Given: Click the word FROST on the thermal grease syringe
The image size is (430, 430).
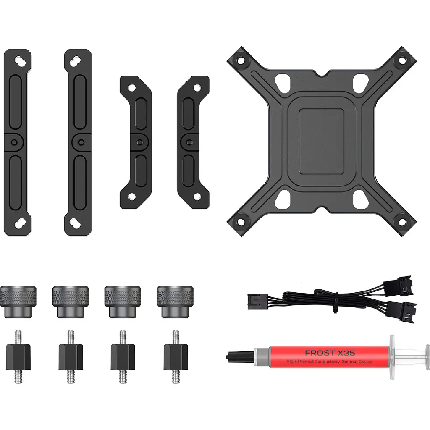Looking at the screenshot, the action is (320, 353).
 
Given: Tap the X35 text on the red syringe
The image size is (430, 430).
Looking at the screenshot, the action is (346, 353).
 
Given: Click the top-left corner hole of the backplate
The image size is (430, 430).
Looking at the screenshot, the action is (241, 60).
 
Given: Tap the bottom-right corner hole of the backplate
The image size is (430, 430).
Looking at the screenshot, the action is (402, 222).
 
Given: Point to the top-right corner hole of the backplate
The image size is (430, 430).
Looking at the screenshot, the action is (402, 60).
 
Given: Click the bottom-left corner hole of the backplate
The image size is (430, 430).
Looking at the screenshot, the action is (241, 222).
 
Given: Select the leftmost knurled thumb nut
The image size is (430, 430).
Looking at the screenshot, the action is (18, 302).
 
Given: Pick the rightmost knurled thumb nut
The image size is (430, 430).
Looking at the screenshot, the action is (175, 302).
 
